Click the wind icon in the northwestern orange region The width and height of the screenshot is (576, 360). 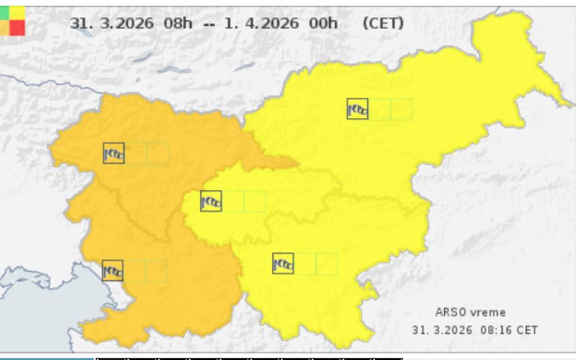(x=114, y=153)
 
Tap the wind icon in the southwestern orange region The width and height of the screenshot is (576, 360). (x=113, y=271)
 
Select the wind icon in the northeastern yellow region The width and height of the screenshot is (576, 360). (x=357, y=109)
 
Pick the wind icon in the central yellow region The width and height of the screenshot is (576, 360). (x=211, y=201)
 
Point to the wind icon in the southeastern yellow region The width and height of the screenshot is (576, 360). (x=283, y=264)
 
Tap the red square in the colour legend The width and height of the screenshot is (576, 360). (x=17, y=27)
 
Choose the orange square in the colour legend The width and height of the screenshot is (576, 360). (x=4, y=27)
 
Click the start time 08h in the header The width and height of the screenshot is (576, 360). (x=178, y=23)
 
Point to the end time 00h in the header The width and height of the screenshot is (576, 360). (x=323, y=23)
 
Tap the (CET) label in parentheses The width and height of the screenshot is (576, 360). (x=383, y=23)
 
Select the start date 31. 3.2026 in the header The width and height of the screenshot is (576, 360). (x=112, y=23)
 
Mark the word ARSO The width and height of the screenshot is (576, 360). (x=450, y=312)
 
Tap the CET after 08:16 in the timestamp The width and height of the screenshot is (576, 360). (x=527, y=330)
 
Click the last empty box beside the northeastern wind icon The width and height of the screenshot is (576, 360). (x=401, y=109)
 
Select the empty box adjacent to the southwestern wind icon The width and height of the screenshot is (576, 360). (x=135, y=271)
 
